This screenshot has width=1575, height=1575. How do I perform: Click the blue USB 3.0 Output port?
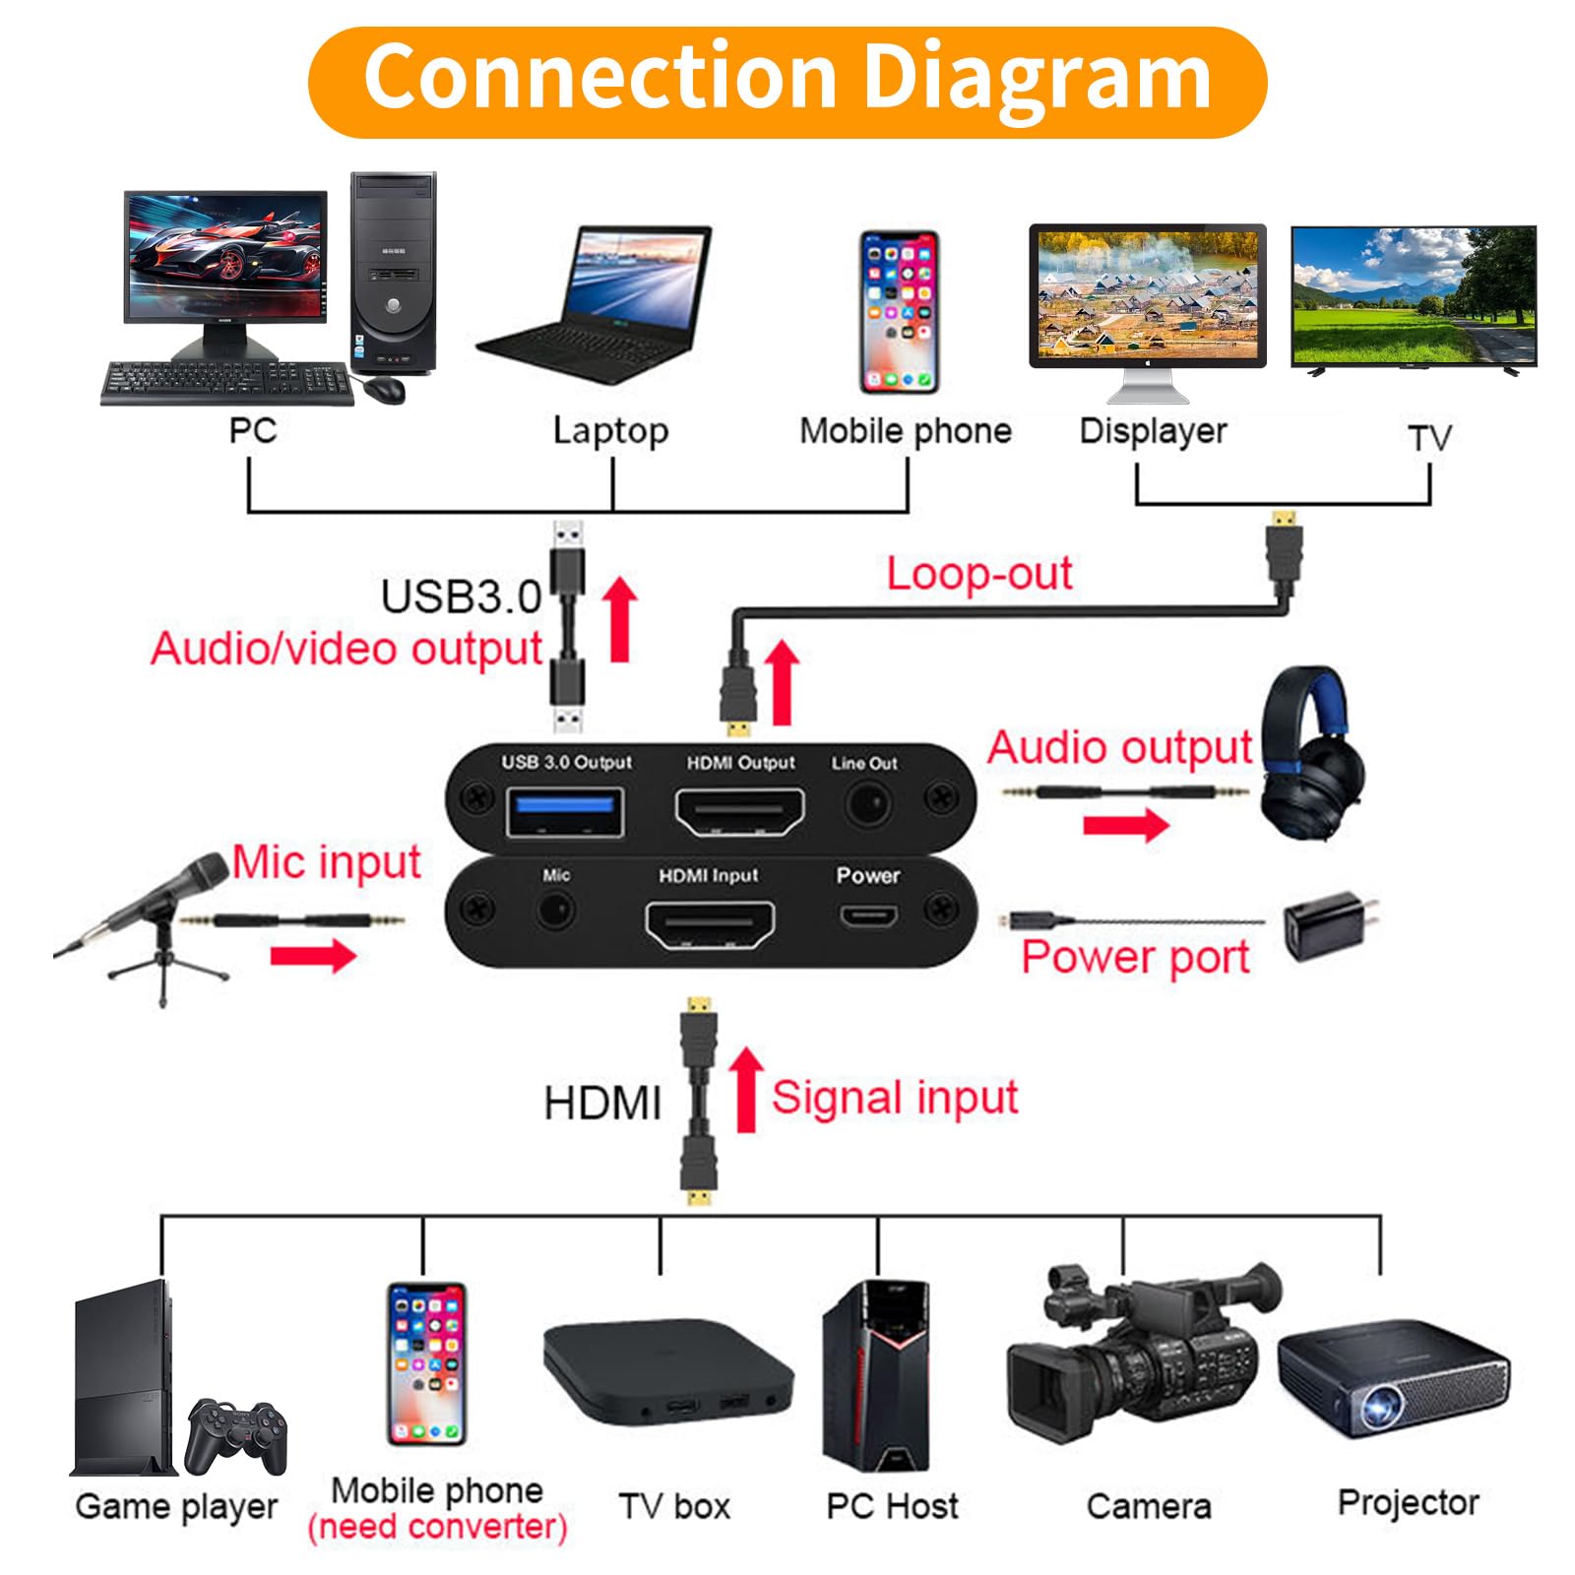click(x=564, y=811)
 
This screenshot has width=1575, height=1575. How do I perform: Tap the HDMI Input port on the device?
click(x=709, y=923)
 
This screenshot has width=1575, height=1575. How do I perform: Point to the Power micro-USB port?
click(x=867, y=917)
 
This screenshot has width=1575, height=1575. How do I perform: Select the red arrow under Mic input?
click(x=313, y=954)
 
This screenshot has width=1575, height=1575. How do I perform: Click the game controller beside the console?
click(x=236, y=1433)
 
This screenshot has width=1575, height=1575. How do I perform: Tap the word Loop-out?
click(x=978, y=574)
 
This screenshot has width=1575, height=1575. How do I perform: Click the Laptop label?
click(x=610, y=431)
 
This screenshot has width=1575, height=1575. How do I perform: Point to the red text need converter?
click(x=437, y=1527)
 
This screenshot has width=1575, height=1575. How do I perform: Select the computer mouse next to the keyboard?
click(x=384, y=388)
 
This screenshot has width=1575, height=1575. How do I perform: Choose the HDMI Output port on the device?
click(x=738, y=812)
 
